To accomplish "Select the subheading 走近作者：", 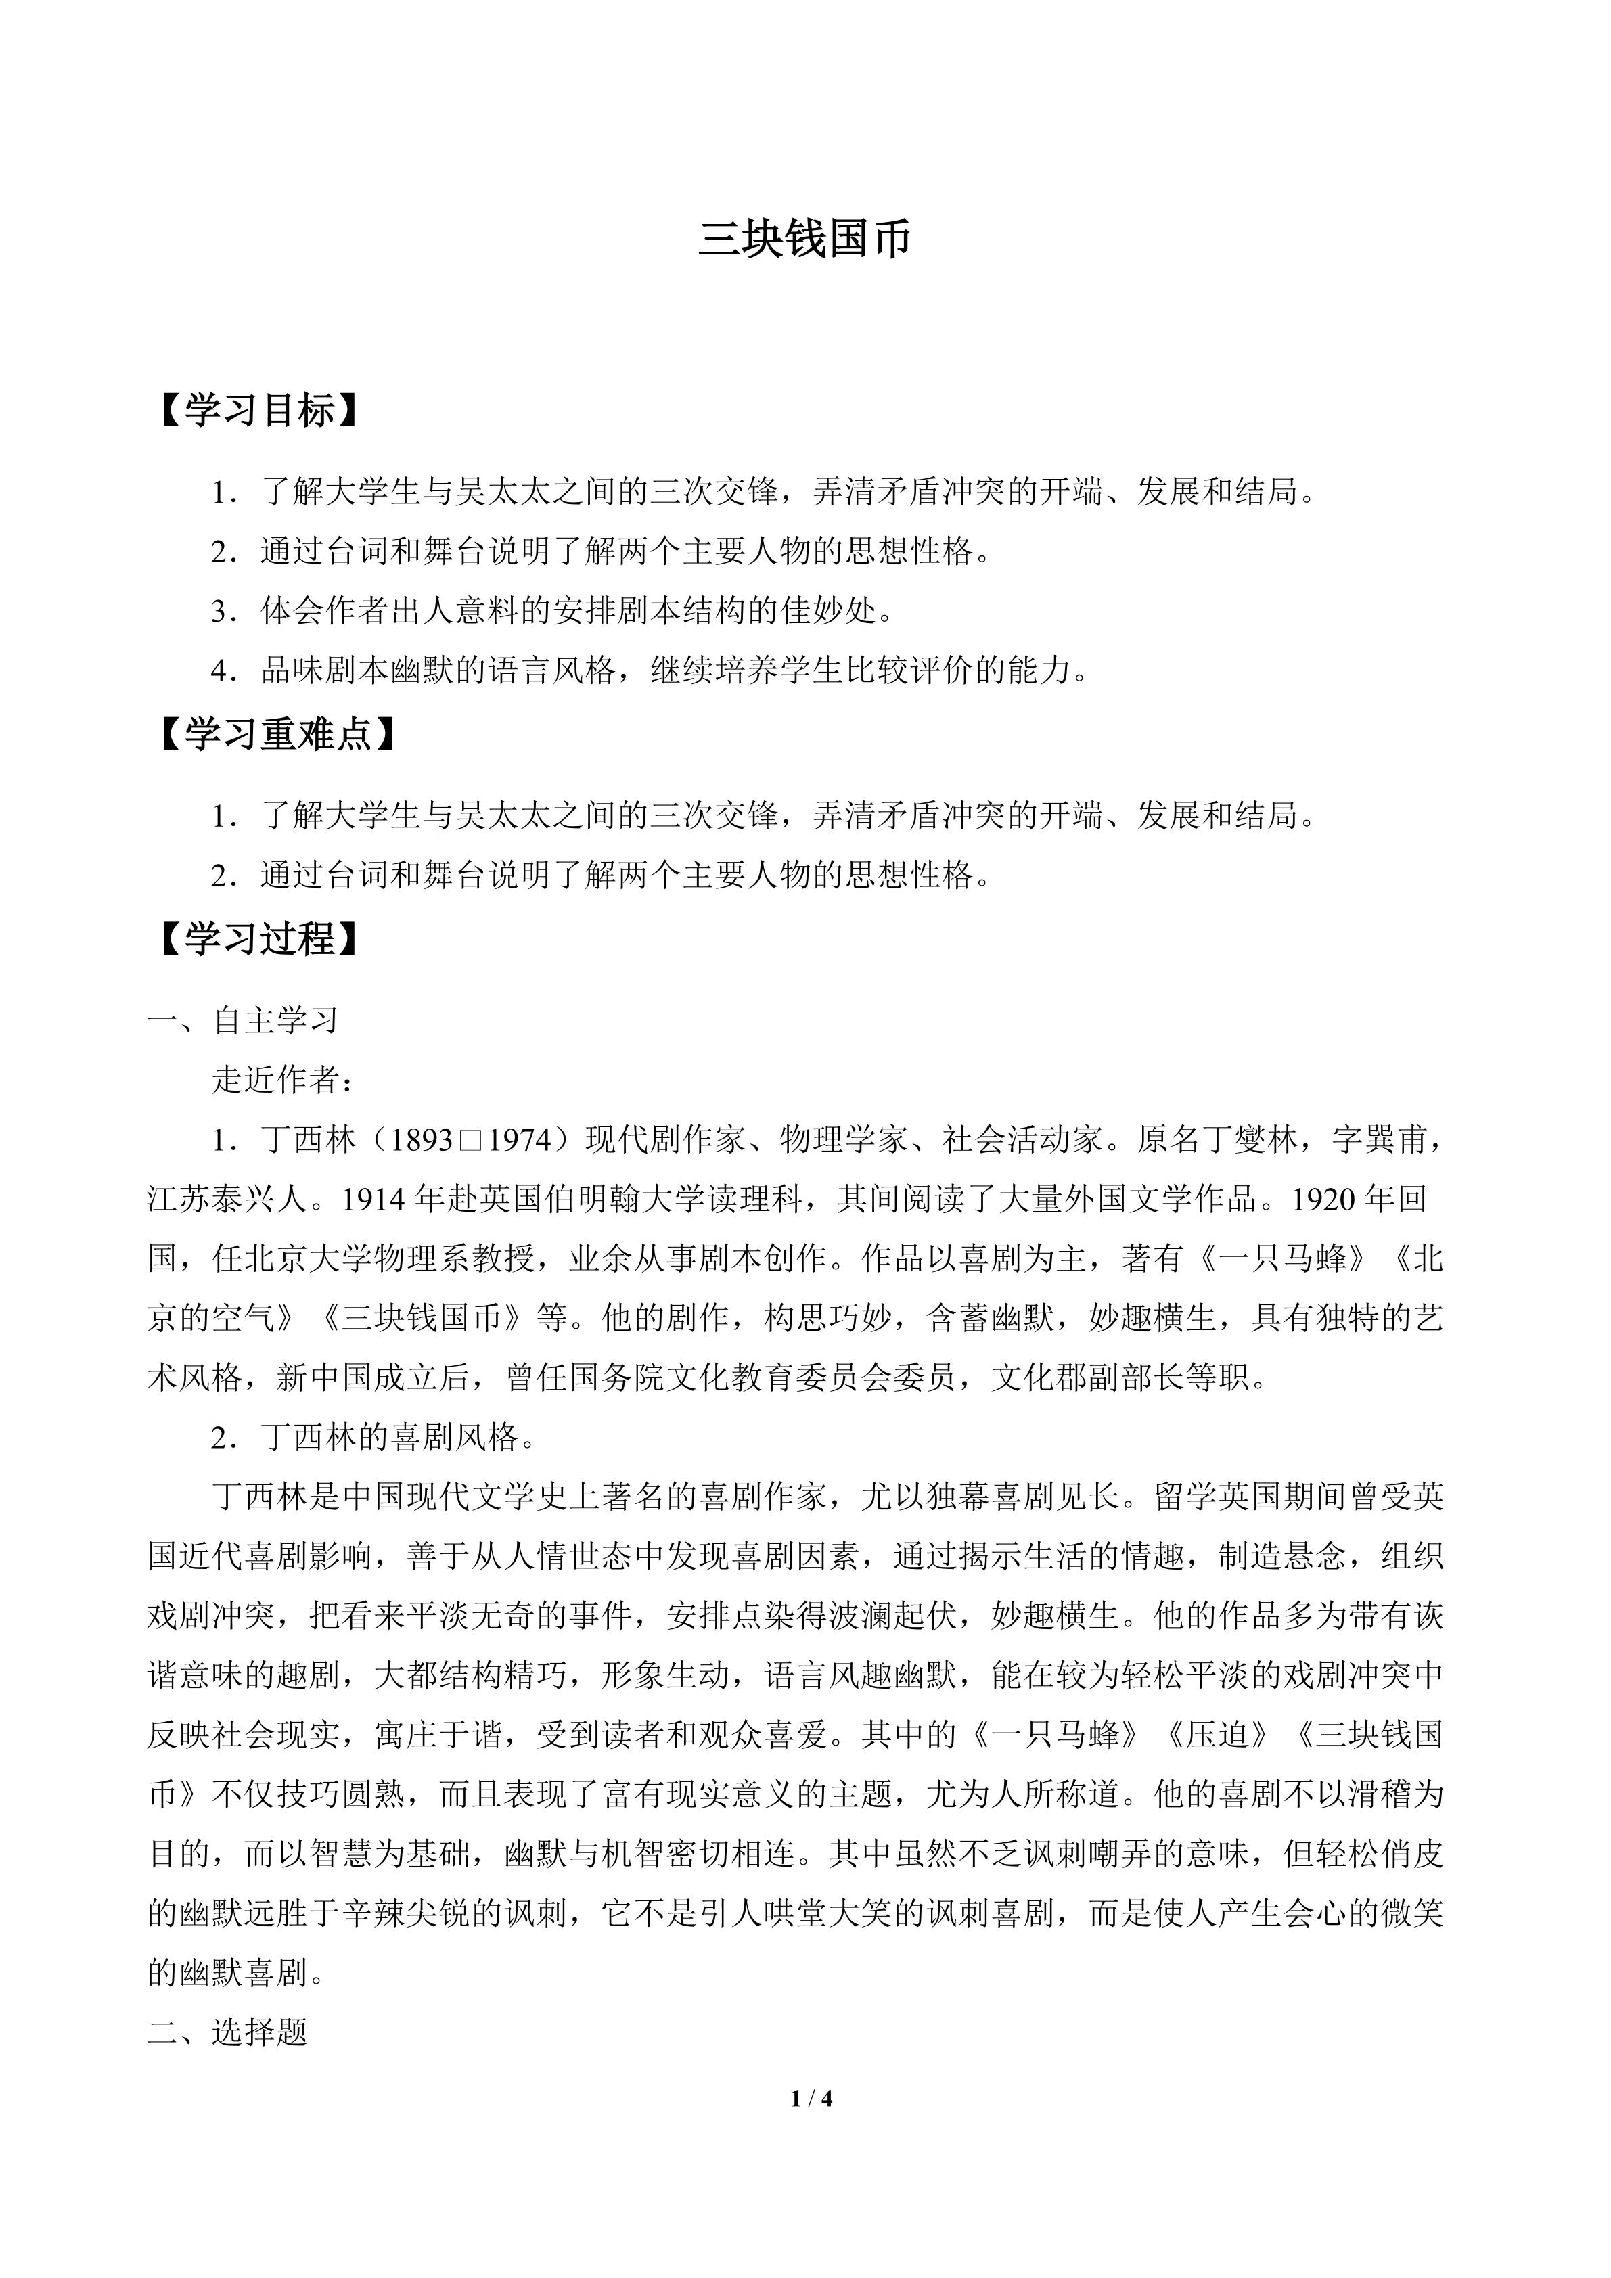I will click(x=283, y=1080).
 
